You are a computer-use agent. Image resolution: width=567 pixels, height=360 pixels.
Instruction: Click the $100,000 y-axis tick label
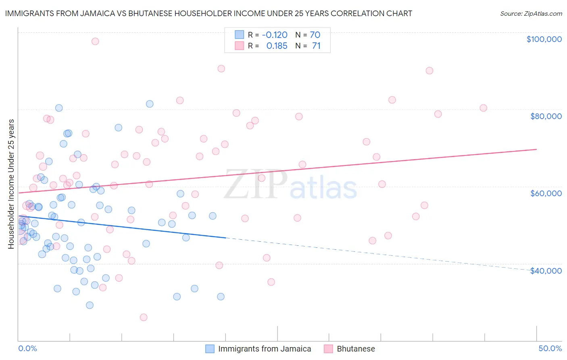[544, 39]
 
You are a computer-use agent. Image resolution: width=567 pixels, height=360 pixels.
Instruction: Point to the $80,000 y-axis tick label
[546, 116]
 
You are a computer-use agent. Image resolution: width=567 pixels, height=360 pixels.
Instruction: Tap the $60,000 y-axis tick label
[546, 193]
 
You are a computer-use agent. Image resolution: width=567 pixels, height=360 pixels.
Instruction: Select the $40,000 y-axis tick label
[546, 271]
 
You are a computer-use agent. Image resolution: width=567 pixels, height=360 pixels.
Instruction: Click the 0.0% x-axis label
[27, 348]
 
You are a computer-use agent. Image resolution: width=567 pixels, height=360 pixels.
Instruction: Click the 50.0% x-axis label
[550, 348]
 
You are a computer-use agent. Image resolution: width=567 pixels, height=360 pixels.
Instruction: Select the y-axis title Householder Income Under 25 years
[11, 184]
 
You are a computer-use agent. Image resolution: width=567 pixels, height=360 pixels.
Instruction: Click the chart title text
[208, 13]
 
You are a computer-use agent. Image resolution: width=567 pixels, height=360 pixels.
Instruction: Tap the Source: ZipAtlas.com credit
[531, 13]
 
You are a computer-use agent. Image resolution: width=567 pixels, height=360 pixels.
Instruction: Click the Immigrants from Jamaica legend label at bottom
[265, 349]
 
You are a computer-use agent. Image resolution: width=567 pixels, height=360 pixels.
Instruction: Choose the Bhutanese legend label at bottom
[356, 349]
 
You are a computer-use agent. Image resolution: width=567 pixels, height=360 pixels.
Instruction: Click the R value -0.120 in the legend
[275, 35]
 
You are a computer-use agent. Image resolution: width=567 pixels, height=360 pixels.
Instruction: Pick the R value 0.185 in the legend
[277, 46]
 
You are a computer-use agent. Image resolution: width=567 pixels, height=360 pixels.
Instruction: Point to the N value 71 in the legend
[316, 46]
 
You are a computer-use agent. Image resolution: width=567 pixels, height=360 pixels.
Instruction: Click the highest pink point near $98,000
[95, 41]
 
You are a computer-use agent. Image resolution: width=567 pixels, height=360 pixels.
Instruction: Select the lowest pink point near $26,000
[144, 317]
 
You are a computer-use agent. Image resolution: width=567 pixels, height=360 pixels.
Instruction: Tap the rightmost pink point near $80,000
[483, 108]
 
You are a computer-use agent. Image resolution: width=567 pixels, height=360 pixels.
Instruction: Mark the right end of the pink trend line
[536, 149]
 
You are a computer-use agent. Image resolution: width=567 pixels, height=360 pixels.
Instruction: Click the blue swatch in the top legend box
[240, 35]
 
